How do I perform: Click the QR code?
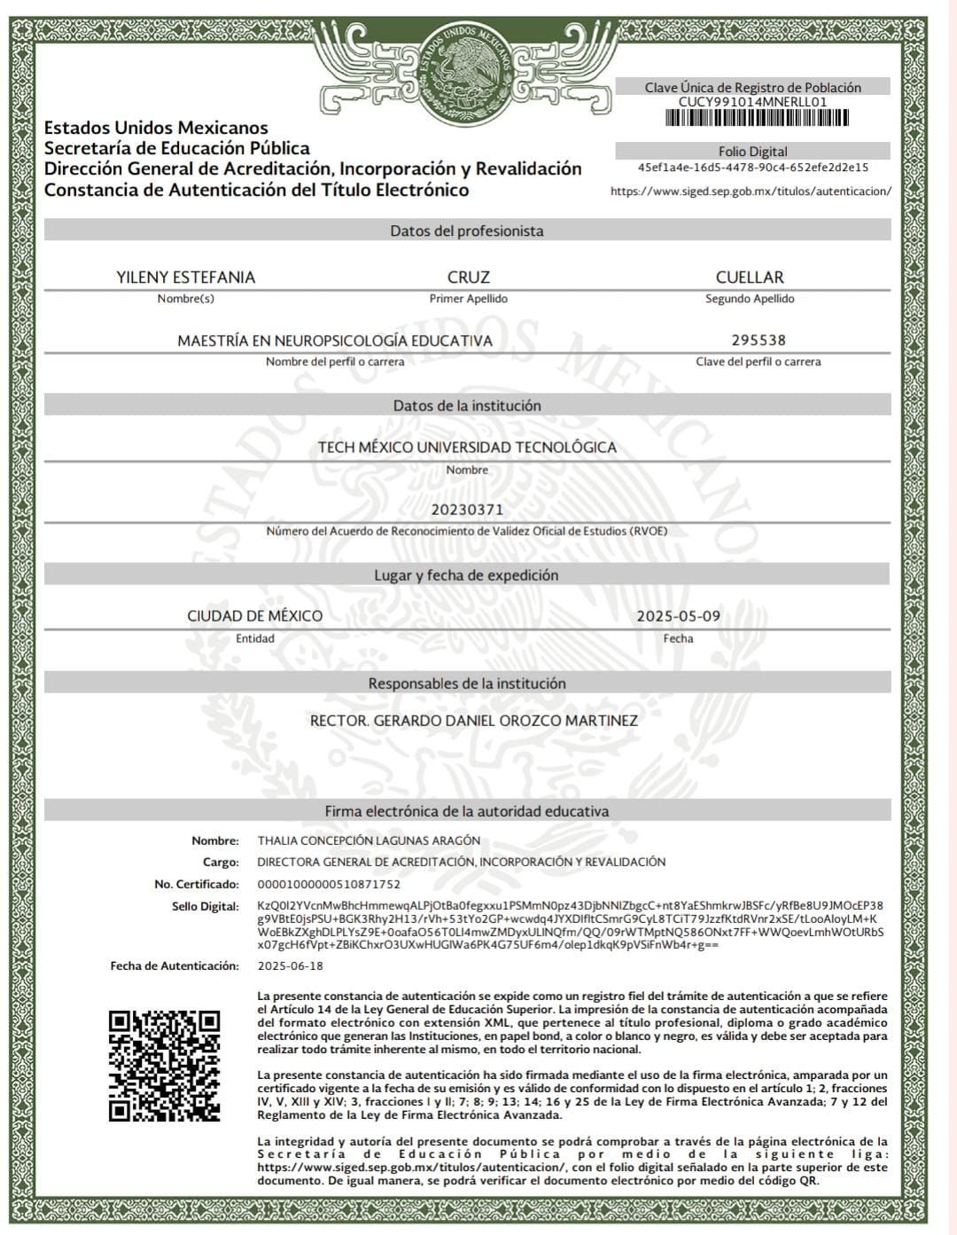pos(164,1066)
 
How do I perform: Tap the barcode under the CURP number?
pos(752,118)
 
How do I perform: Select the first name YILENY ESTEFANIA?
pos(185,277)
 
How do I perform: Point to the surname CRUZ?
pos(468,277)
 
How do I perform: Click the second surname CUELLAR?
pos(750,277)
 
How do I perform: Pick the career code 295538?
pos(759,340)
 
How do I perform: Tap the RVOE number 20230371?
pos(467,510)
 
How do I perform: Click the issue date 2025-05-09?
pos(679,616)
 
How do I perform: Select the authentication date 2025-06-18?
pos(291,965)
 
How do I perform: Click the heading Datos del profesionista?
pos(467,231)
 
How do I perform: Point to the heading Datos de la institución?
pos(467,406)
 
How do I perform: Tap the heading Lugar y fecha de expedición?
pos(467,575)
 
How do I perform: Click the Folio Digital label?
pos(752,152)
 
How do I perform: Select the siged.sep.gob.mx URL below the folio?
pos(751,191)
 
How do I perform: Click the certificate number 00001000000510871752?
pos(329,884)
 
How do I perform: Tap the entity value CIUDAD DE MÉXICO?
pos(255,616)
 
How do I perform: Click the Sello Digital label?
pos(206,906)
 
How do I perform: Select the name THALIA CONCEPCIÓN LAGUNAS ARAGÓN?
pos(369,840)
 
